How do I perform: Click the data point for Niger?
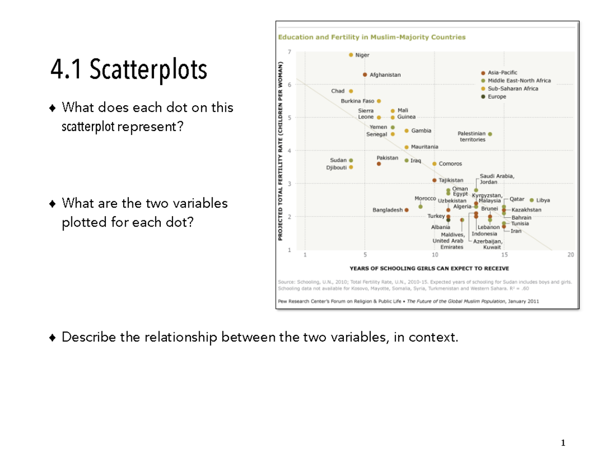tap(351, 55)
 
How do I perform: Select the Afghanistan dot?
tap(365, 74)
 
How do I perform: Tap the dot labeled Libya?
tap(531, 200)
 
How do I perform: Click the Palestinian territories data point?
tap(490, 134)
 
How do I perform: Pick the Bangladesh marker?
tap(407, 210)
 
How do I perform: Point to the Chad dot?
tap(351, 91)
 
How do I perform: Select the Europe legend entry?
tap(496, 97)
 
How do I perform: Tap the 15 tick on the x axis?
tap(504, 255)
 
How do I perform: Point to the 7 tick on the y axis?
tap(289, 52)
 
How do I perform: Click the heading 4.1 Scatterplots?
tap(129, 70)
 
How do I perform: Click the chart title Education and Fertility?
tap(372, 37)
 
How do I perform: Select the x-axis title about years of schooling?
tap(429, 268)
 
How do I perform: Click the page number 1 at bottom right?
tap(563, 443)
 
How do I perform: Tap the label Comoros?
tap(450, 164)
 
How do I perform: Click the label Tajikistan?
tap(451, 180)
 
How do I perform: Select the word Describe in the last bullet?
tap(83, 337)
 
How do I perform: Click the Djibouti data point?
tap(351, 167)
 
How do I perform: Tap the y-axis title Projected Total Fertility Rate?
tap(281, 150)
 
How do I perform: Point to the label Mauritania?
tap(425, 147)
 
